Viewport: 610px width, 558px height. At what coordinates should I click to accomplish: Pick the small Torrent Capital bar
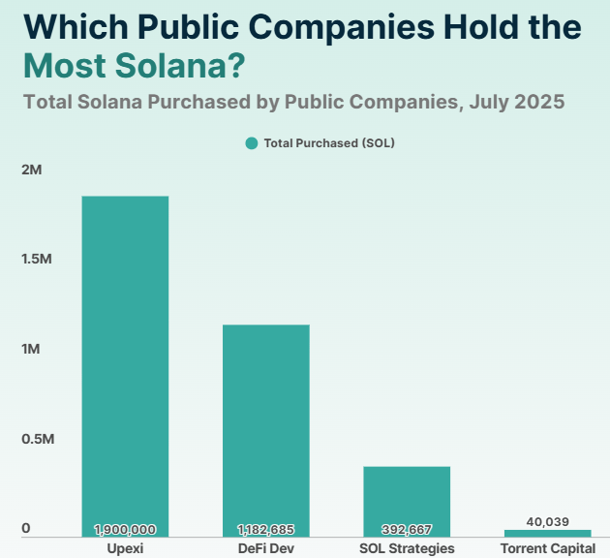pyautogui.click(x=547, y=533)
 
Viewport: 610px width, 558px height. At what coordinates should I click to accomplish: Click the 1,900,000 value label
pyautogui.click(x=125, y=530)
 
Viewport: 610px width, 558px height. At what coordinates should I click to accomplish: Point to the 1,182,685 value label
pyautogui.click(x=265, y=530)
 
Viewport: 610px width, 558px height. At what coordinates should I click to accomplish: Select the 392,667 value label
pyautogui.click(x=407, y=530)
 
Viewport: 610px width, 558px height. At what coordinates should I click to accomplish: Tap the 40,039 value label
pyautogui.click(x=547, y=522)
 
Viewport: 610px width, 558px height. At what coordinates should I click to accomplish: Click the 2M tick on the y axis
pyautogui.click(x=33, y=170)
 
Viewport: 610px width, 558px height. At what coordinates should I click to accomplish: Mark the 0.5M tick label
pyautogui.click(x=38, y=440)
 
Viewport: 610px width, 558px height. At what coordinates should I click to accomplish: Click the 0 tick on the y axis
pyautogui.click(x=26, y=529)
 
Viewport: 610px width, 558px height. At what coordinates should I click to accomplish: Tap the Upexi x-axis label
pyautogui.click(x=125, y=549)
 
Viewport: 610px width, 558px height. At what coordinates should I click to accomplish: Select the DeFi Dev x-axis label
pyautogui.click(x=265, y=549)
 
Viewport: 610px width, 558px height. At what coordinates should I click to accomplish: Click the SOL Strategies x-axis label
pyautogui.click(x=407, y=549)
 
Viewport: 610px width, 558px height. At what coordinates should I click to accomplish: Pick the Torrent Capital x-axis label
pyautogui.click(x=547, y=549)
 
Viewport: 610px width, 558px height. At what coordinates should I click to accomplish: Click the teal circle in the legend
pyautogui.click(x=252, y=143)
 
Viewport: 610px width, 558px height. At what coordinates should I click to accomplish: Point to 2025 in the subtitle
pyautogui.click(x=538, y=101)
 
